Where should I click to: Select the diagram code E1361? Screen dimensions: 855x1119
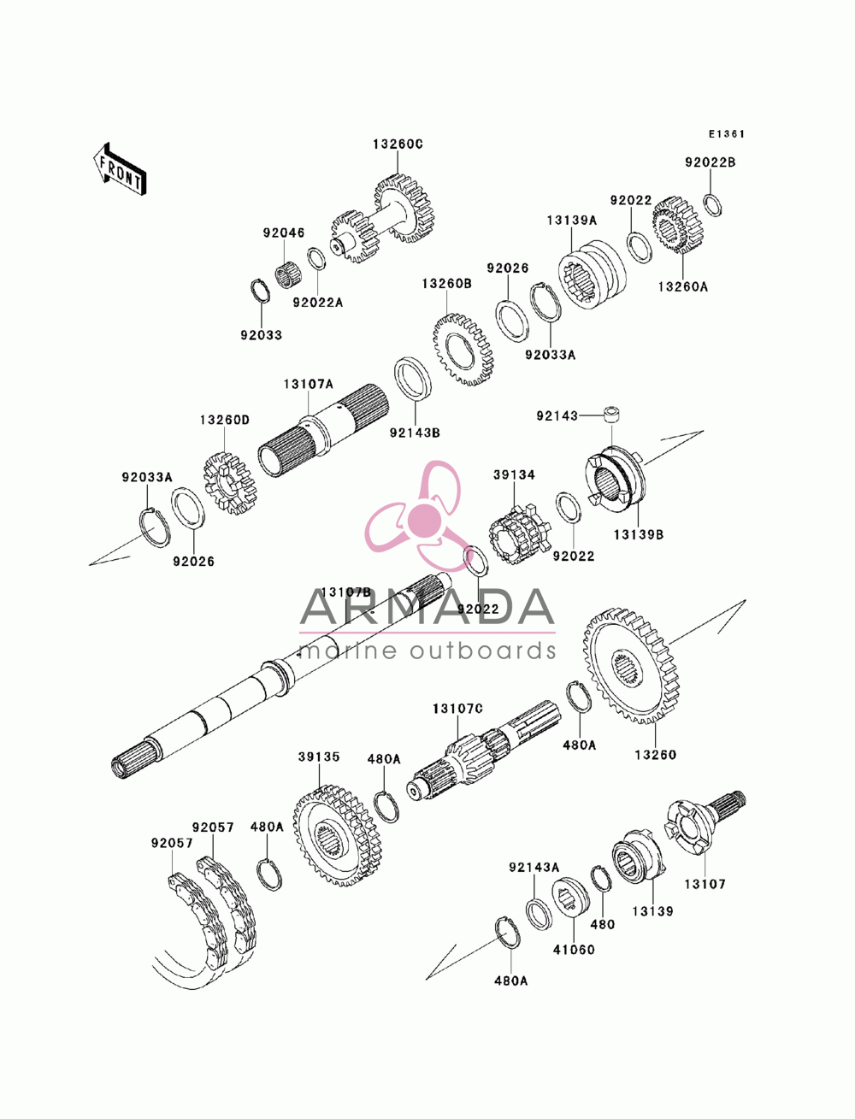coord(726,134)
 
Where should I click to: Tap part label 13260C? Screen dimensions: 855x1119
coord(398,144)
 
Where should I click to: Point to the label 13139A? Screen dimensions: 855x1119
coord(571,221)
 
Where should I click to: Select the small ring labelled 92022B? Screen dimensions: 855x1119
coord(712,205)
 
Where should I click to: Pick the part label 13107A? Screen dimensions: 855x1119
coord(309,384)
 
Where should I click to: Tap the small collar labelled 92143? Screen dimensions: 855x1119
coord(611,414)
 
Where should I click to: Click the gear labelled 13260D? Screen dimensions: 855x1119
coord(231,483)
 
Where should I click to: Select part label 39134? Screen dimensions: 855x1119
coord(514,474)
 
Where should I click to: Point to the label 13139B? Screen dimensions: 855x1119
coord(639,535)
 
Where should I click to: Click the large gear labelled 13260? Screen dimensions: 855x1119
coord(631,665)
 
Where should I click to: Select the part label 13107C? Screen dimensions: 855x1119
coord(457,710)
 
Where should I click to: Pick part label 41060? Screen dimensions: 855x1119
coord(574,949)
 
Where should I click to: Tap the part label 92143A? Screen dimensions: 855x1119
coord(534,867)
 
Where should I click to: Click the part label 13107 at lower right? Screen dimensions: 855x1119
coord(705,884)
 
